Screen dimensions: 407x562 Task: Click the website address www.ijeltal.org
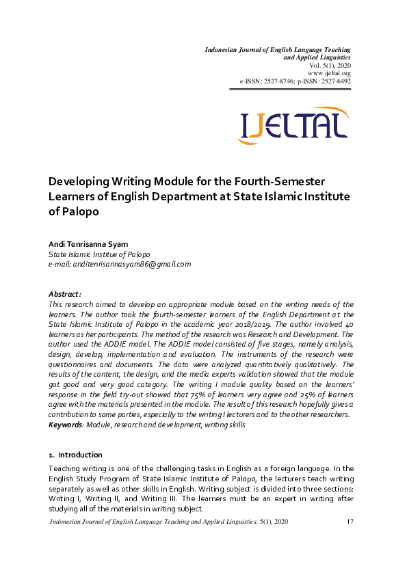pos(329,73)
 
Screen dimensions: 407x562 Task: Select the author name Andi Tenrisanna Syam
pos(88,244)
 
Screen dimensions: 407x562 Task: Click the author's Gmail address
pos(120,264)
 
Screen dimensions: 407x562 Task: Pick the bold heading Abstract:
pos(66,294)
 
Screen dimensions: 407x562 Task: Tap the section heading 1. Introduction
pos(75,455)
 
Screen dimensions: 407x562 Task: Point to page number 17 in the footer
pos(350,522)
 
